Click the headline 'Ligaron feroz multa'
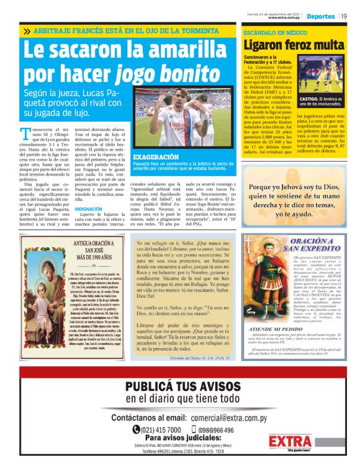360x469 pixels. coord(294,45)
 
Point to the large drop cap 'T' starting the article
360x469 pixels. coord(25,132)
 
